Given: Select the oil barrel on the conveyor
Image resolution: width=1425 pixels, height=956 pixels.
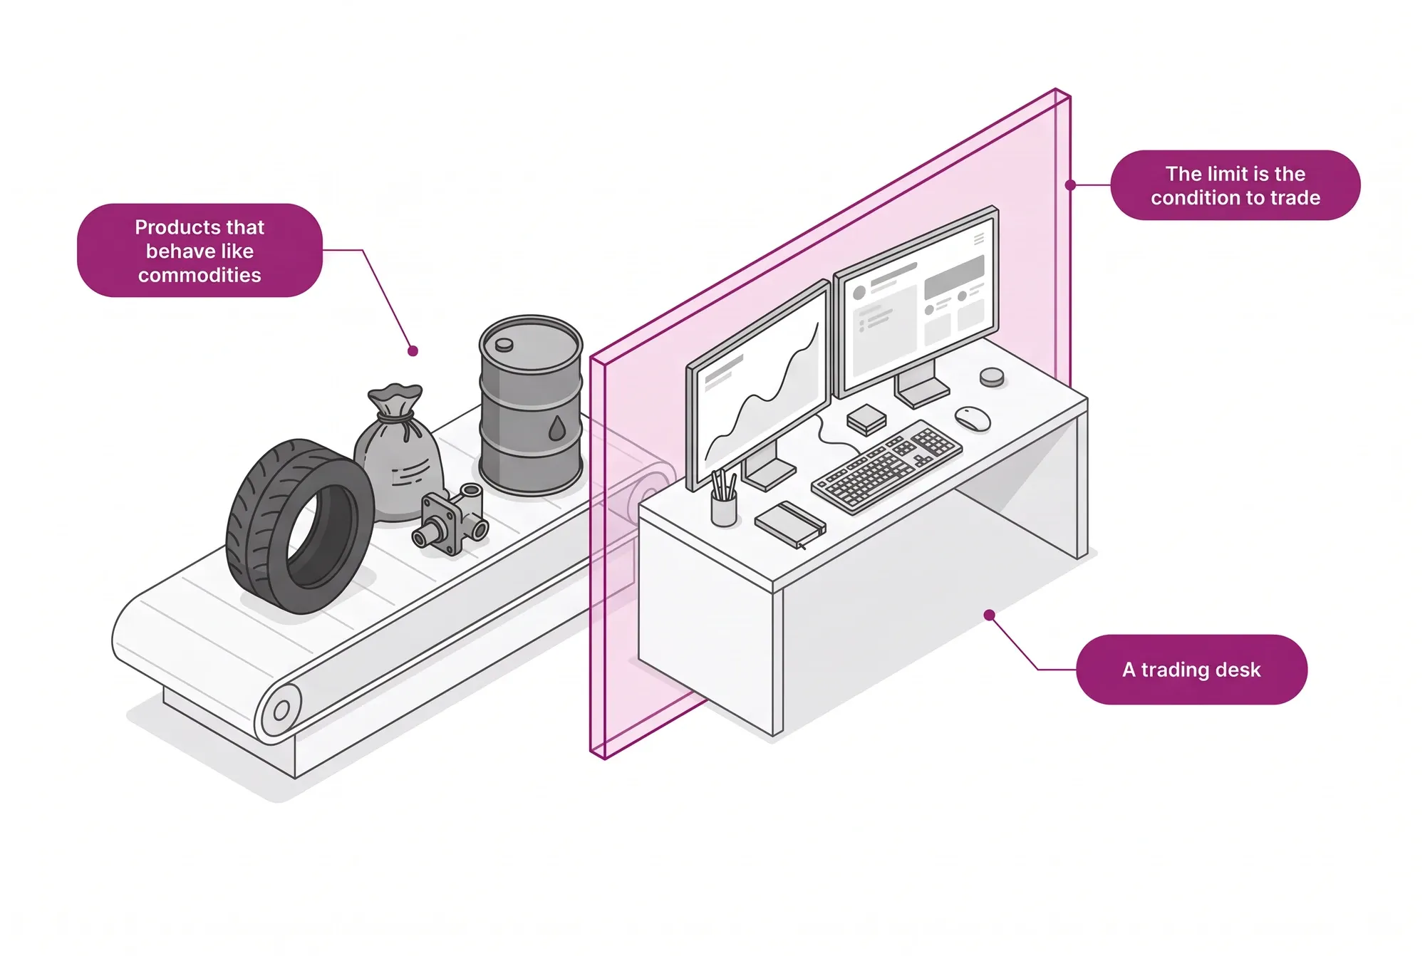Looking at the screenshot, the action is click(x=531, y=405).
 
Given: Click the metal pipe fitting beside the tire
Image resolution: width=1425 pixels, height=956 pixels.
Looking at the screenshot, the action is click(x=451, y=519).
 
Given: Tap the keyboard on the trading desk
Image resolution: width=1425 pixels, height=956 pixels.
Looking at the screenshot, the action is click(x=886, y=467).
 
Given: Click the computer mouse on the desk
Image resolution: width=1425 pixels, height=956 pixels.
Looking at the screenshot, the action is click(x=973, y=418).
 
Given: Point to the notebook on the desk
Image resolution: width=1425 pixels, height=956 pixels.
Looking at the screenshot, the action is click(x=790, y=524).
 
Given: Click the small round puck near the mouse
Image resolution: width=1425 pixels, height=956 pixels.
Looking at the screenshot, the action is click(x=991, y=377).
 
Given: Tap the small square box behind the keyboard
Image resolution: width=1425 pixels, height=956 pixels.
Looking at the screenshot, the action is click(x=866, y=420).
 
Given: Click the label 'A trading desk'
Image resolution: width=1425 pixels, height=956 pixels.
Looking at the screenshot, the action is click(x=1191, y=670).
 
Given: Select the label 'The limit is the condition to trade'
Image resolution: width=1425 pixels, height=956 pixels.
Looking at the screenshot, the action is click(x=1235, y=185).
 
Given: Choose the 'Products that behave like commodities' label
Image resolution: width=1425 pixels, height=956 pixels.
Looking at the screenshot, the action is click(x=199, y=250).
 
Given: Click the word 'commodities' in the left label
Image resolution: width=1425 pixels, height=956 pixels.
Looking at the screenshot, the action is click(x=199, y=275).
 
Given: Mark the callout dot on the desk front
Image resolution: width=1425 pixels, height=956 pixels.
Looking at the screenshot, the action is click(x=989, y=615).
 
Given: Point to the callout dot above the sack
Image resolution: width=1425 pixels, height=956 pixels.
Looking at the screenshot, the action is click(x=413, y=350).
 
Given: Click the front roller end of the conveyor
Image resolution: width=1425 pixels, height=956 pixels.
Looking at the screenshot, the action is click(x=280, y=711).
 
